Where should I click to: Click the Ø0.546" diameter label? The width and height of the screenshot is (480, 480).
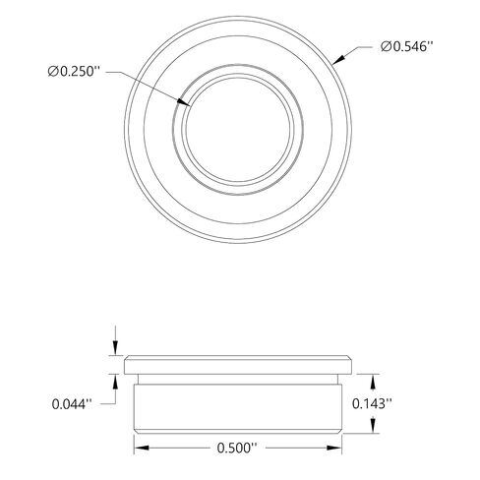click(407, 47)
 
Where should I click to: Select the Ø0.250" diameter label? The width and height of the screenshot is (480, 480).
click(74, 71)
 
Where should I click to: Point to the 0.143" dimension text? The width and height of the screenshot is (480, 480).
click(372, 403)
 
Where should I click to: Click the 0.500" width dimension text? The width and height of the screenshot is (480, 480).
click(237, 448)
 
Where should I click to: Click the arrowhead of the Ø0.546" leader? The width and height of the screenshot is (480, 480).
click(338, 60)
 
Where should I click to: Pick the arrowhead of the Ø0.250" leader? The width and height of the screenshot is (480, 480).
click(184, 102)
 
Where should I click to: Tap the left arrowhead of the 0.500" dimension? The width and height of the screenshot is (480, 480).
click(142, 448)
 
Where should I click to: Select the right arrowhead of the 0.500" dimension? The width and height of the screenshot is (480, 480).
click(334, 448)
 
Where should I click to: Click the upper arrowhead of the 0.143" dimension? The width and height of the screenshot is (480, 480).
click(373, 382)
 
